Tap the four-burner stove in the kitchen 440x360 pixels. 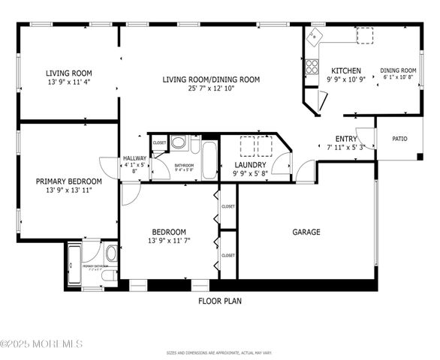pos(312,66)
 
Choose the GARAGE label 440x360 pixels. pos(306,232)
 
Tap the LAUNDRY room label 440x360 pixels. pos(249,164)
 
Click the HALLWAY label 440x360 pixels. pos(135,158)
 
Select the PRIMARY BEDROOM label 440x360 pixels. pos(68,181)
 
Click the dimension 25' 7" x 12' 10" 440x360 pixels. pos(211,88)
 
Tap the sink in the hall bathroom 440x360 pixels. pos(179,141)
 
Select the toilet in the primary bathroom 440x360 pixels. pos(110,253)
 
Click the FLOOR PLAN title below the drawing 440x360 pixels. pos(219,301)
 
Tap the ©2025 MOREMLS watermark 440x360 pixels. pos(41,343)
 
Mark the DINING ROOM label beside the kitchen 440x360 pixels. pos(398,70)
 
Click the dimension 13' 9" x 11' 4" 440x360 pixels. pos(68,82)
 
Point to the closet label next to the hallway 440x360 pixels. pos(159,142)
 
